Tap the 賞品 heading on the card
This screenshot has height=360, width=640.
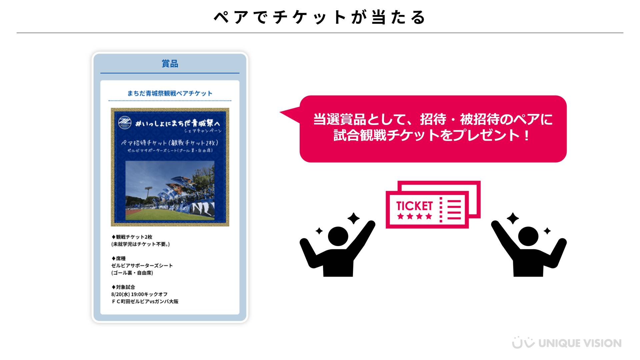point(170,64)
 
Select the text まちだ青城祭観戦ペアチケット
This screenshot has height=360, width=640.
point(170,93)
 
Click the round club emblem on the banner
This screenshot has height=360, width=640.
point(125,123)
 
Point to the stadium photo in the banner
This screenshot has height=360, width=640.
point(170,190)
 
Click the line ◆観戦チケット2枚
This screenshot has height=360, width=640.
point(132,237)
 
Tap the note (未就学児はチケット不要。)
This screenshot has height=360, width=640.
point(141,244)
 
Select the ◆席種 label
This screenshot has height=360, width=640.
point(118,259)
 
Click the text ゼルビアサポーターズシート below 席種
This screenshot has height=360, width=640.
point(142,266)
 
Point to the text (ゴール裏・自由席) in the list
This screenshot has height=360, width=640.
point(132,273)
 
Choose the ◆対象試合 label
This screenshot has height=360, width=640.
point(123,287)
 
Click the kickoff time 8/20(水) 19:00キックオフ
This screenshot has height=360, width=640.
point(139,295)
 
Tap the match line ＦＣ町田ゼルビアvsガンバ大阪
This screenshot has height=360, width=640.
point(145,302)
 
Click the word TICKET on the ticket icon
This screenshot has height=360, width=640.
point(414,206)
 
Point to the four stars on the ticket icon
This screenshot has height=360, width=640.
point(415,216)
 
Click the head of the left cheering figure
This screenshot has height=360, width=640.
point(338,236)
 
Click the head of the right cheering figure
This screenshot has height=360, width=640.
point(528,236)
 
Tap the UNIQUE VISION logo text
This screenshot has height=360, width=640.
point(580,343)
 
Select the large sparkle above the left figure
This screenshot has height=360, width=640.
point(353,219)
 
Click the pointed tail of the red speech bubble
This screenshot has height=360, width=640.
point(282,113)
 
